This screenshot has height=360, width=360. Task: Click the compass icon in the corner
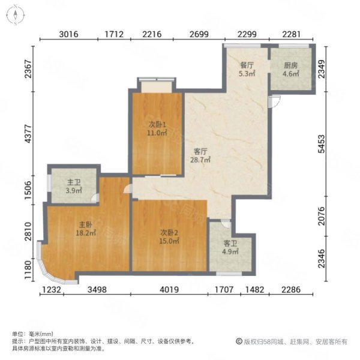[x=16, y=16]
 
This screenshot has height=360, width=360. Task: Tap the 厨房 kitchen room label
[x=291, y=65]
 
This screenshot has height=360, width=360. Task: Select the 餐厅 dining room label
[x=247, y=65]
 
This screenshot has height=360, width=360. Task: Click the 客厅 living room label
[x=200, y=152]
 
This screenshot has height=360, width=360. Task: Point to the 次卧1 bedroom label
[x=157, y=125]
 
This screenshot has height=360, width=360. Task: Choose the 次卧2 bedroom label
[x=169, y=233]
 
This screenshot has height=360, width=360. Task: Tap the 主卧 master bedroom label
[x=86, y=224]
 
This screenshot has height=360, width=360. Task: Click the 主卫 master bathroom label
[x=74, y=182]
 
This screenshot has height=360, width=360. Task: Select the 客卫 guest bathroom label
[x=230, y=243]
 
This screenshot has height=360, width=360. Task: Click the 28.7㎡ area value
[x=200, y=160]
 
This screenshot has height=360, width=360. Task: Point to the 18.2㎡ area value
[x=86, y=233]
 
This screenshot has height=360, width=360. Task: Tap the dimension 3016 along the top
[x=68, y=34]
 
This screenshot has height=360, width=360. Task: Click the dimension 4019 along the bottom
[x=169, y=290]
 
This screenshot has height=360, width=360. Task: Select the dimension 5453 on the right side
[x=322, y=144]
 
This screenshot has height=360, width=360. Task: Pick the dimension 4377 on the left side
[x=28, y=134]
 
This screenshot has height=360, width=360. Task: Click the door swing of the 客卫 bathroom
[x=226, y=224]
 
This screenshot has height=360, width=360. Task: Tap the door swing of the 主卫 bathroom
[x=95, y=198]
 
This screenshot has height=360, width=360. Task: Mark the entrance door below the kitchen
[x=275, y=101]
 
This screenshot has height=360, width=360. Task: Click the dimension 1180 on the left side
[x=28, y=270]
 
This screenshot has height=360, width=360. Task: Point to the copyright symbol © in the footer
[x=239, y=341]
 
